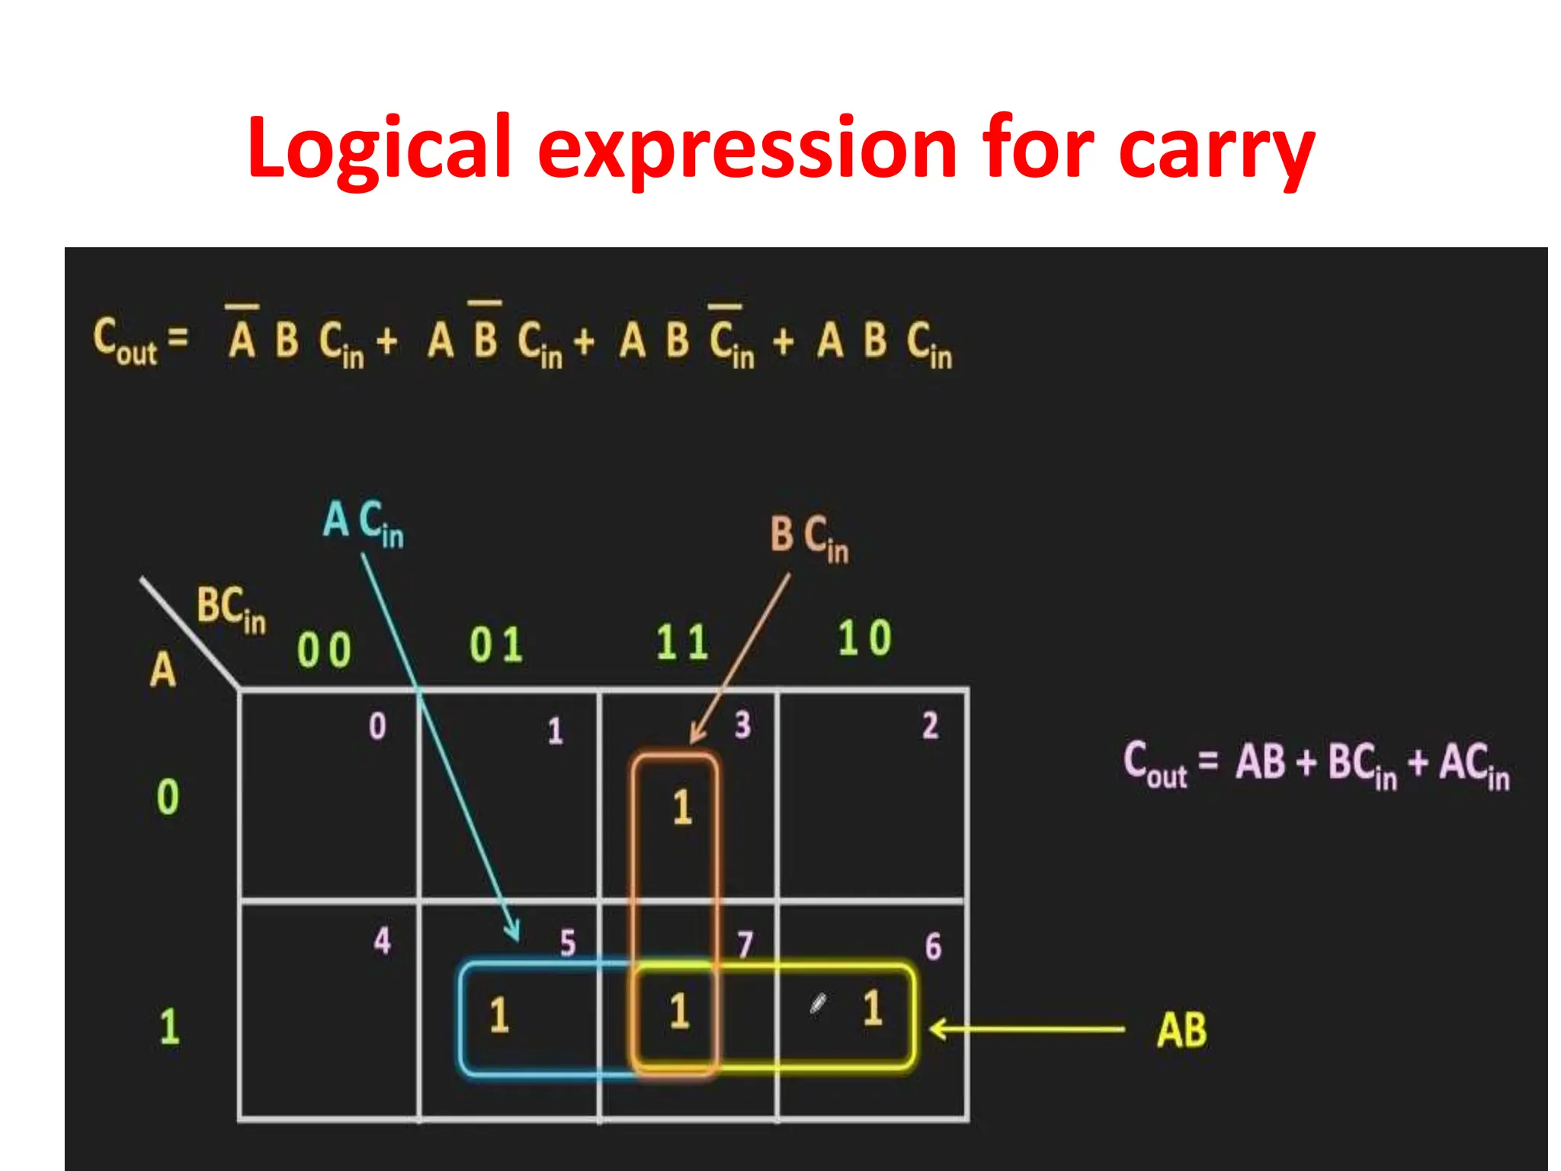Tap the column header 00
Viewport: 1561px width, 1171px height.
pyautogui.click(x=324, y=650)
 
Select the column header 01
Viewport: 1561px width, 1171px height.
pyautogui.click(x=496, y=645)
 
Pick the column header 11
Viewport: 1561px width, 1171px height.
pyautogui.click(x=682, y=643)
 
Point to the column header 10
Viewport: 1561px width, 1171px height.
pyautogui.click(x=864, y=638)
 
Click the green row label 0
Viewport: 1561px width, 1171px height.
pyautogui.click(x=168, y=797)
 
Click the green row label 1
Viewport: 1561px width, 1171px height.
pyautogui.click(x=169, y=1026)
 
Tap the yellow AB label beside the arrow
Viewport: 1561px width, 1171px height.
pyautogui.click(x=1181, y=1030)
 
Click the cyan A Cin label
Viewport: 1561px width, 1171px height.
pyautogui.click(x=363, y=522)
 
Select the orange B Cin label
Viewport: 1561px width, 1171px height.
pyautogui.click(x=809, y=538)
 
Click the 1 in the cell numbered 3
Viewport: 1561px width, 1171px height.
pyautogui.click(x=682, y=807)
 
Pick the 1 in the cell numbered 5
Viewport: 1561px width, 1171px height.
pyautogui.click(x=498, y=1015)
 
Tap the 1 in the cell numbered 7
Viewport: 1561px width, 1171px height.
pyautogui.click(x=679, y=1012)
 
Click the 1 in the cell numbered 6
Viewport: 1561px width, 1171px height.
pyautogui.click(x=873, y=1008)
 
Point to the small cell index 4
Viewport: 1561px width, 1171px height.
pyautogui.click(x=382, y=941)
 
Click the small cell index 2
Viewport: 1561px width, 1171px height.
pyautogui.click(x=930, y=726)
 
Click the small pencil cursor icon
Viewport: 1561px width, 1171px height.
pyautogui.click(x=818, y=1004)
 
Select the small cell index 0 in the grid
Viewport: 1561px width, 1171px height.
pyautogui.click(x=377, y=727)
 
